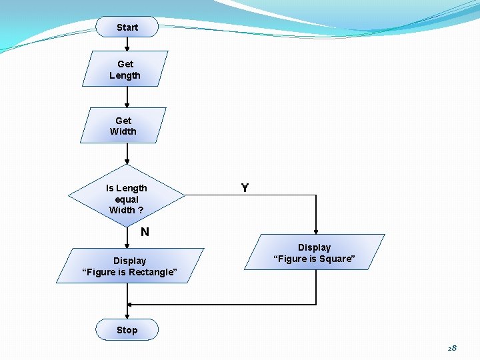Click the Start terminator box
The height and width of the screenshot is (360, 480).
pos(127,27)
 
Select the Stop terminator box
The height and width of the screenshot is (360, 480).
pos(127,330)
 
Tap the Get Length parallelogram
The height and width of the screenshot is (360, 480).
pos(125,69)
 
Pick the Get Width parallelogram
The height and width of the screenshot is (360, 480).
pos(123,126)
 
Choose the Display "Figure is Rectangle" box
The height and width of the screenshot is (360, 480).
pos(129,266)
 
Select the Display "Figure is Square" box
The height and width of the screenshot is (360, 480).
pos(314,253)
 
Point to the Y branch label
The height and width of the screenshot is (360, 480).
pos(245,188)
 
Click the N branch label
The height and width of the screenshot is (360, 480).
pos(145,232)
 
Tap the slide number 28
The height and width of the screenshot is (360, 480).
pos(452,348)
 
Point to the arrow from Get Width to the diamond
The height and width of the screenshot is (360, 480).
pos(127,154)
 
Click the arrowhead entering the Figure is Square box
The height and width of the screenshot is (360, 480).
pos(316,231)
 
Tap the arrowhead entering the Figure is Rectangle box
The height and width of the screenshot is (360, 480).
pos(127,245)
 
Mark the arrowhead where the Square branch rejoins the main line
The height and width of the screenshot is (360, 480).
pos(130,305)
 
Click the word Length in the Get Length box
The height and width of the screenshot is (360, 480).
pos(125,75)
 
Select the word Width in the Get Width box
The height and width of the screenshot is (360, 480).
pos(123,131)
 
